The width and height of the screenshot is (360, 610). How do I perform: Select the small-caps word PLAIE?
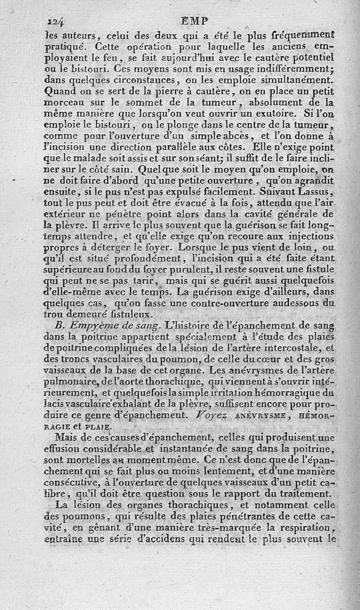97,426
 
